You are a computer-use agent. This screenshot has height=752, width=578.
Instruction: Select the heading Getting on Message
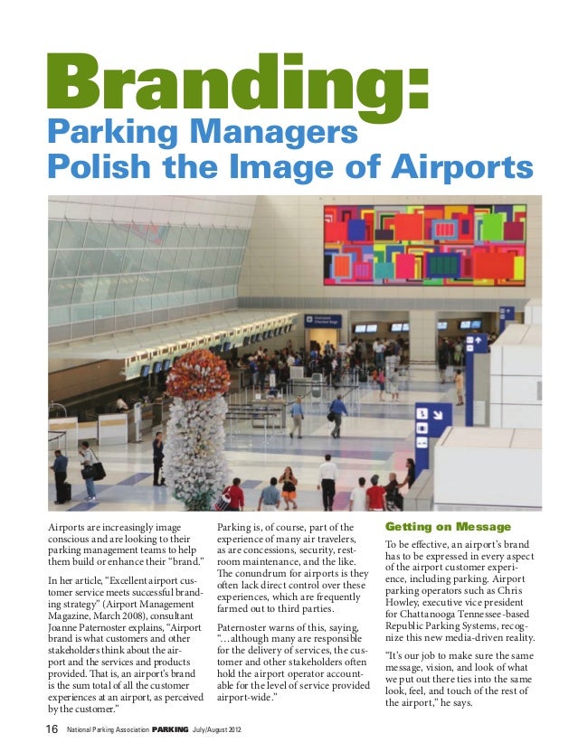(x=448, y=527)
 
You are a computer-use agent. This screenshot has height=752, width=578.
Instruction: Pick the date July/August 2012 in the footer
(x=223, y=730)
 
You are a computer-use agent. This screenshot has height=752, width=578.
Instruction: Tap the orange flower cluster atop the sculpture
(x=197, y=372)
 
